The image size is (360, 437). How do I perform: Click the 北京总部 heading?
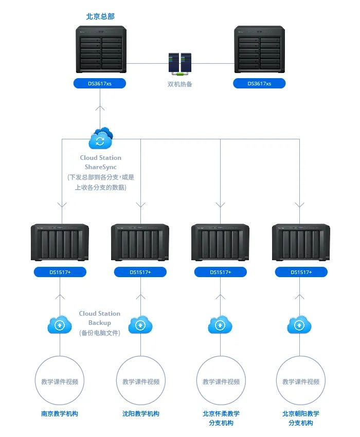point(100,16)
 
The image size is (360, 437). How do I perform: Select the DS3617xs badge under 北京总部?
point(100,83)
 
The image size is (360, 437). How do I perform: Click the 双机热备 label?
point(180,84)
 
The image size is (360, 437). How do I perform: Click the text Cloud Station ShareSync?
point(101,162)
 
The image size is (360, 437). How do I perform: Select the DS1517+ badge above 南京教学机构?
point(60,272)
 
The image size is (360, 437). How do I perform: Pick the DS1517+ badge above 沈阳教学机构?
point(140,272)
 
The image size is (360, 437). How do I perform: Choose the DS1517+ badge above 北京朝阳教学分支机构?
point(301,272)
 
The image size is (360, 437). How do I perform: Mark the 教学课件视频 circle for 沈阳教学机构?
point(140,381)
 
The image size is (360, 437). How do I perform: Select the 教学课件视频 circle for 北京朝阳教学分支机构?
point(301,381)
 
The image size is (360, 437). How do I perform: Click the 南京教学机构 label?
point(60,413)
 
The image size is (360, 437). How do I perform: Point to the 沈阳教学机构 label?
point(140,413)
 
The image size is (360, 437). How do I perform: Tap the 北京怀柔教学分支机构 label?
point(221,418)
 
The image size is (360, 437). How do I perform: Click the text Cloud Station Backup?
point(100,318)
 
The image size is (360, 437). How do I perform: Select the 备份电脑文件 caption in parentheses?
point(100,333)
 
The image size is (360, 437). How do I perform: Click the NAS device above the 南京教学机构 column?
point(60,242)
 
